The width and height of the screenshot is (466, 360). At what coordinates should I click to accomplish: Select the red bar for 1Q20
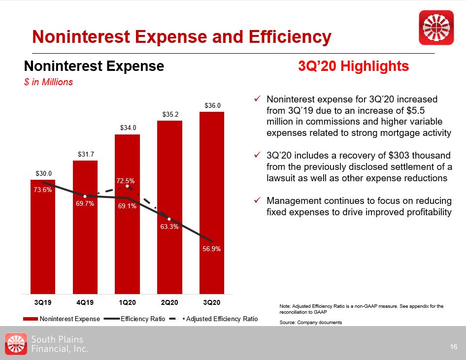(x=127, y=246)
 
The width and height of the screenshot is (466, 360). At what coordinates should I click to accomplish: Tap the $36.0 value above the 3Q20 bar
(x=211, y=105)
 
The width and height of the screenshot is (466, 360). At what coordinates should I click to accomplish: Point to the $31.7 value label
(x=85, y=155)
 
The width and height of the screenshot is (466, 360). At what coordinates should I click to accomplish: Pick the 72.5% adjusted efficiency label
(x=126, y=181)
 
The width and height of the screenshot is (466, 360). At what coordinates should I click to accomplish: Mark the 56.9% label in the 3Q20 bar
(x=211, y=249)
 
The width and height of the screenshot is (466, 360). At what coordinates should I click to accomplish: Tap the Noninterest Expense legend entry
(x=64, y=319)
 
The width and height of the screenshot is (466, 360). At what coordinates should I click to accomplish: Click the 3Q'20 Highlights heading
(x=354, y=66)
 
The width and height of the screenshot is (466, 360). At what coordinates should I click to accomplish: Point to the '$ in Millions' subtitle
(x=49, y=82)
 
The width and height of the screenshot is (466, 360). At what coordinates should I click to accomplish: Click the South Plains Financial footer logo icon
(x=15, y=343)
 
